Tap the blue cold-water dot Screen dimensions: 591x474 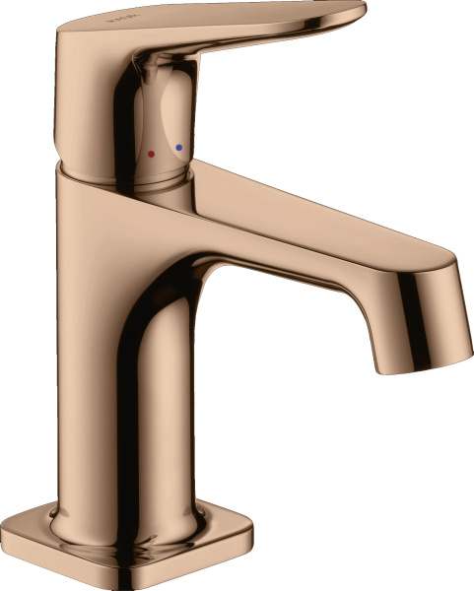tap(178, 149)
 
